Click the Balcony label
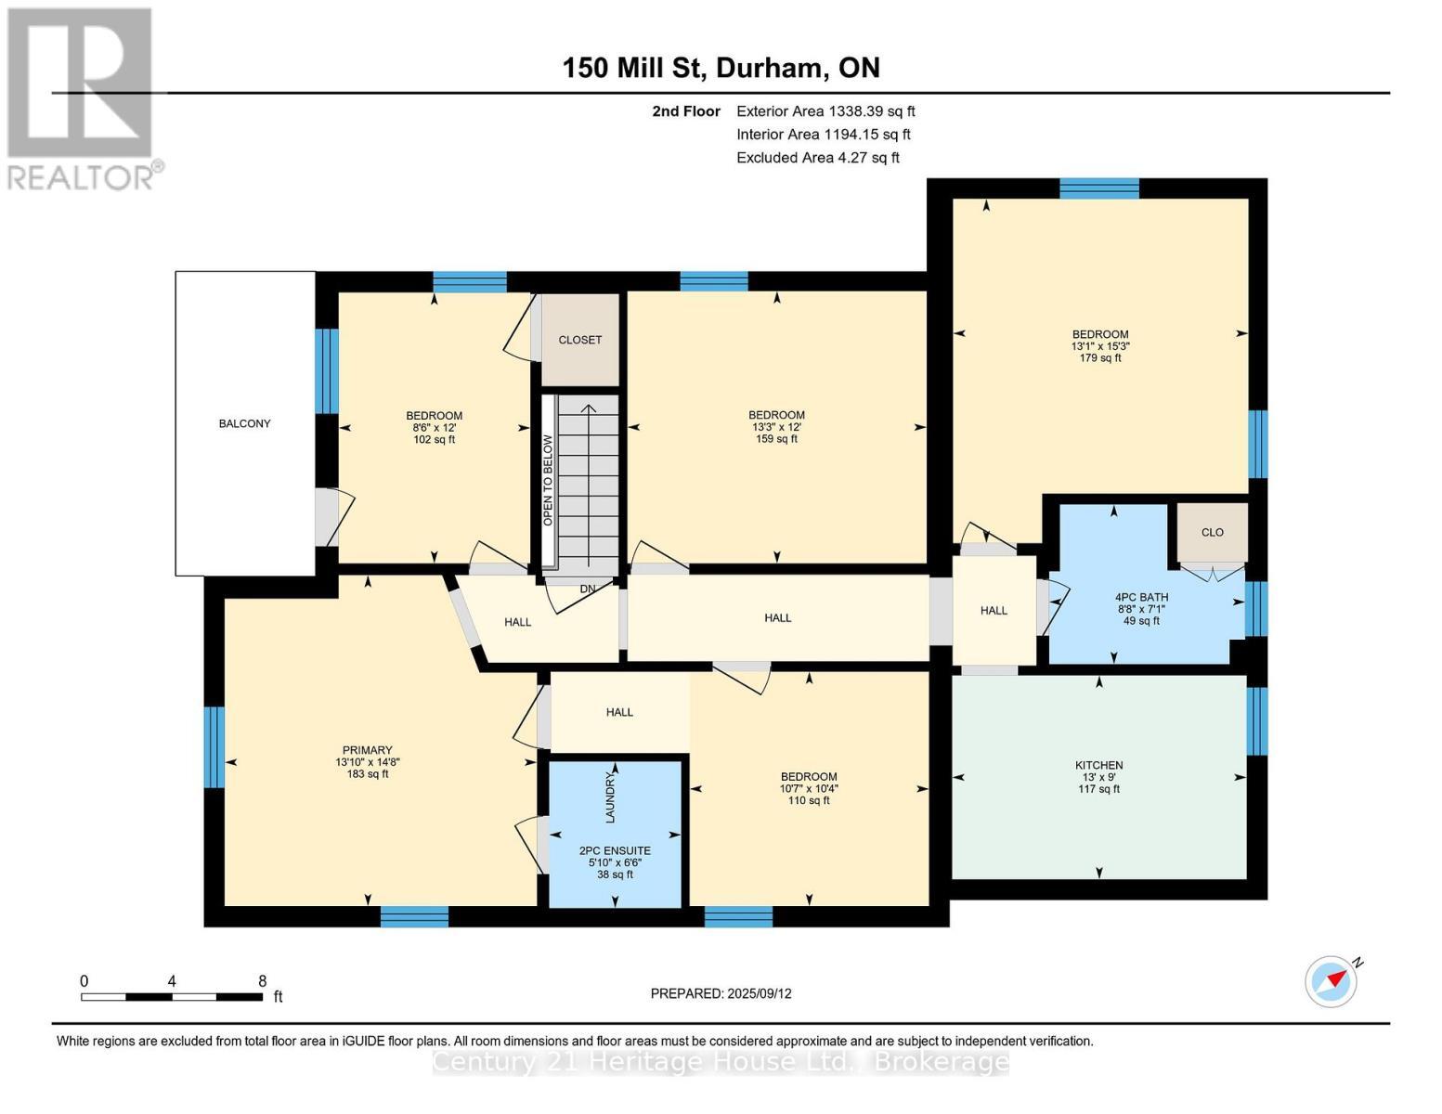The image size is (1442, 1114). click(x=244, y=423)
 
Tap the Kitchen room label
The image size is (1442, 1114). click(x=1099, y=766)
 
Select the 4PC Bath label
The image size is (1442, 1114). click(x=1141, y=598)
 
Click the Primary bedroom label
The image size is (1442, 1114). click(x=368, y=750)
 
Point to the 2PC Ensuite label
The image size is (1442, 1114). click(x=615, y=850)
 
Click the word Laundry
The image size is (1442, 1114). click(x=611, y=797)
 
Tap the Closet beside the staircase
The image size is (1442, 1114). click(x=579, y=340)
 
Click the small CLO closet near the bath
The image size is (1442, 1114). click(x=1212, y=532)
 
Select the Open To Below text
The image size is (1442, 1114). click(x=548, y=480)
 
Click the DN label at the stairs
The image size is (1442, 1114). click(x=588, y=589)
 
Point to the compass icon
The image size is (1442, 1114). click(x=1331, y=981)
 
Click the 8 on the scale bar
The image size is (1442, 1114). click(x=263, y=981)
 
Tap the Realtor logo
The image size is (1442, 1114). click(x=82, y=97)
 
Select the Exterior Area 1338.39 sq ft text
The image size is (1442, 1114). click(x=825, y=111)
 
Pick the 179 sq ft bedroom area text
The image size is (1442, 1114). click(x=1100, y=358)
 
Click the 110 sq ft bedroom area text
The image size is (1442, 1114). click(x=808, y=800)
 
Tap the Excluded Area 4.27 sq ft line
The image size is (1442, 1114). click(x=817, y=158)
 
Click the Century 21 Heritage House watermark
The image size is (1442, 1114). click(x=721, y=1062)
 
